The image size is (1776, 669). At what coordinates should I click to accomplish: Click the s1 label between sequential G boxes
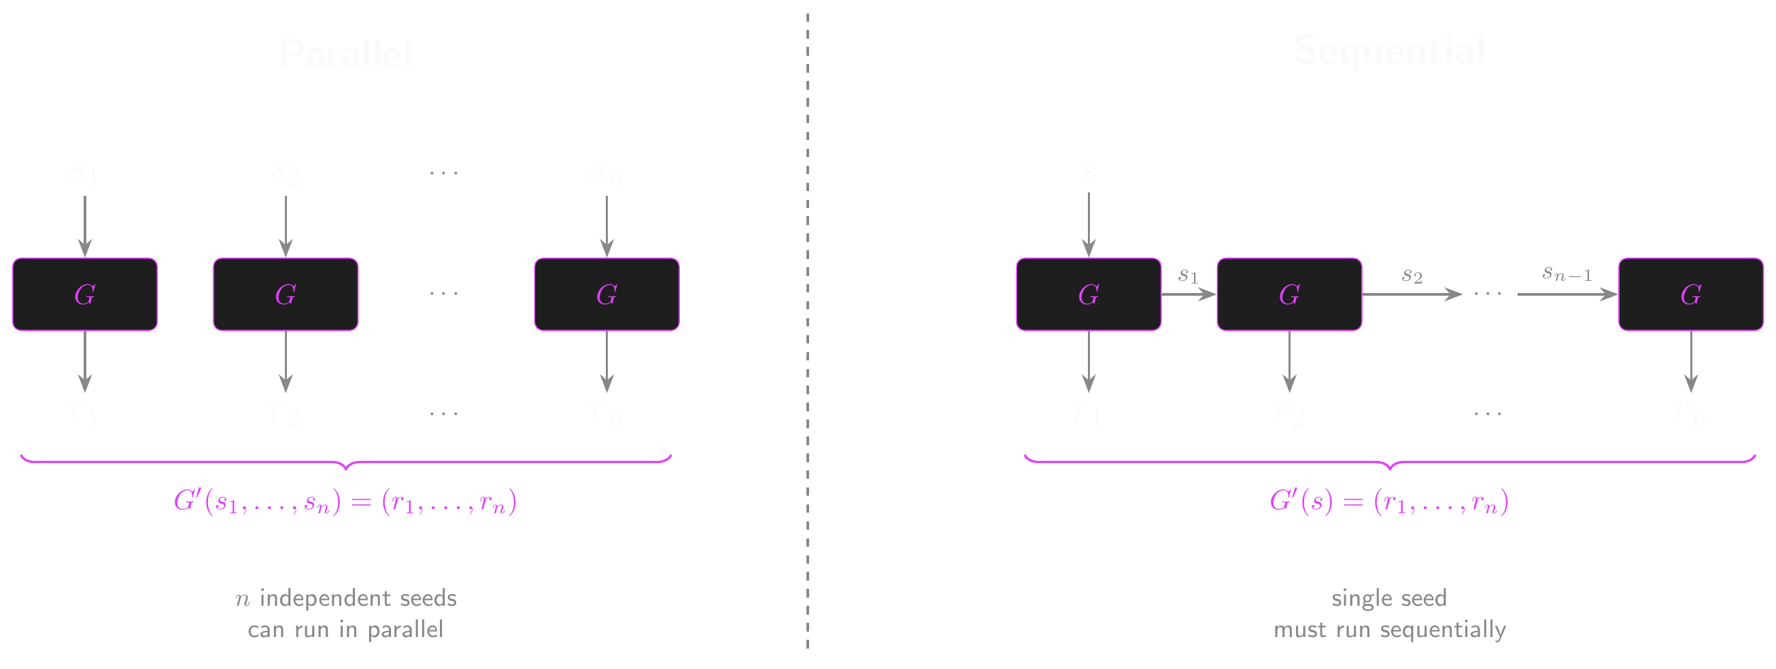click(x=1188, y=276)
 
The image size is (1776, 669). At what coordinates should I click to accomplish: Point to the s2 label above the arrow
click(x=1412, y=276)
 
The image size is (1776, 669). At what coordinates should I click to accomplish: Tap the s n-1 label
click(x=1567, y=274)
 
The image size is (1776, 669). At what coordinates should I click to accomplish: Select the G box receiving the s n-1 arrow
click(x=1690, y=294)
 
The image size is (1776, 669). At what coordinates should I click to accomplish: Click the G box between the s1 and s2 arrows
click(x=1289, y=294)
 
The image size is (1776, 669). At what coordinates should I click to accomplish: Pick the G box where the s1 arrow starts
click(x=1089, y=294)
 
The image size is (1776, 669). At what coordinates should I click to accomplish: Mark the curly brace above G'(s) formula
click(x=1389, y=461)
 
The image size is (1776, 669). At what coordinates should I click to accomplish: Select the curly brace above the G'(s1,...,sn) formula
click(x=345, y=461)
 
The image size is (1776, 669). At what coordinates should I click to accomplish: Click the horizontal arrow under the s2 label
click(x=1411, y=294)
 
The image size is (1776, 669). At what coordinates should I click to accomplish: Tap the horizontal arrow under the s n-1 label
click(x=1567, y=294)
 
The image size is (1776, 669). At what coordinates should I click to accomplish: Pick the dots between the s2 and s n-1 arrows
click(x=1488, y=294)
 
